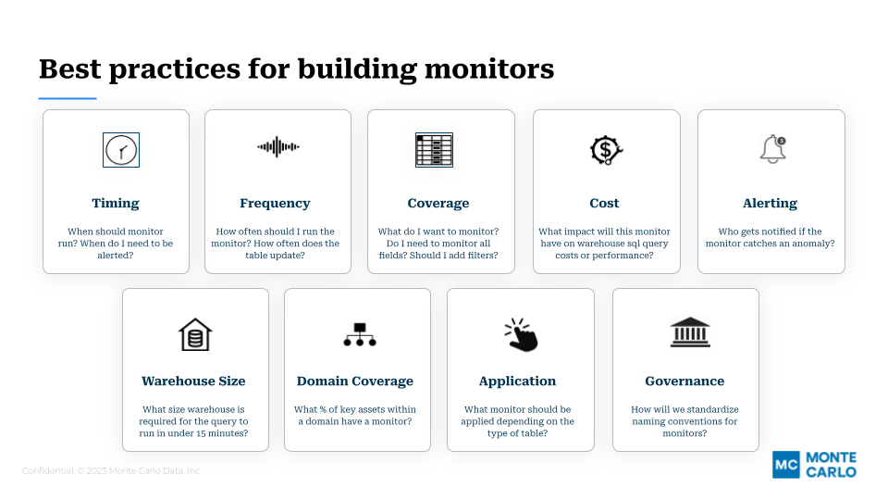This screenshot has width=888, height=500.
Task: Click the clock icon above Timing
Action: click(x=121, y=150)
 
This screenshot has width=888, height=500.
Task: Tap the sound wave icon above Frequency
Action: click(x=278, y=147)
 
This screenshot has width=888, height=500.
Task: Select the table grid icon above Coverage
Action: click(x=435, y=150)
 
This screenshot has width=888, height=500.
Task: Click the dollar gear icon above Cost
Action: click(x=606, y=150)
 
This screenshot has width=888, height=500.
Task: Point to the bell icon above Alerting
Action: click(x=772, y=149)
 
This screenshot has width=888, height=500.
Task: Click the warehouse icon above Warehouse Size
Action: click(x=195, y=334)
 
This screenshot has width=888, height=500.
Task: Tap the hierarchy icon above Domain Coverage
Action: click(x=360, y=334)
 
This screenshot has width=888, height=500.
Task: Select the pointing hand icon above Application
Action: click(x=521, y=334)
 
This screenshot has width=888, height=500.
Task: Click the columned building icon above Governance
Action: click(x=690, y=332)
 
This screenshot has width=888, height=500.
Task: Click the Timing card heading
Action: click(x=116, y=203)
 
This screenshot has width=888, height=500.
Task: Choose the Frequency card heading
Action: click(x=276, y=203)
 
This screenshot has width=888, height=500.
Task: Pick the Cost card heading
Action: click(x=604, y=203)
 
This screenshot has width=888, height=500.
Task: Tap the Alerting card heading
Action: click(x=771, y=203)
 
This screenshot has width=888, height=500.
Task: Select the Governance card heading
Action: click(x=684, y=381)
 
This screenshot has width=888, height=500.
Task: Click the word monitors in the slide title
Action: click(x=489, y=69)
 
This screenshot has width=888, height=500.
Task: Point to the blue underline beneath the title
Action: click(x=68, y=99)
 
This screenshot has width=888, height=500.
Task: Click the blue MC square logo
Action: click(x=786, y=465)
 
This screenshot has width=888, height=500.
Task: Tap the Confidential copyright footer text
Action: click(x=112, y=470)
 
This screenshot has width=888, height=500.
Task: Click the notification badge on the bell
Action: click(x=782, y=141)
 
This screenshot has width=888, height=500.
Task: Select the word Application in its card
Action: click(x=518, y=381)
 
